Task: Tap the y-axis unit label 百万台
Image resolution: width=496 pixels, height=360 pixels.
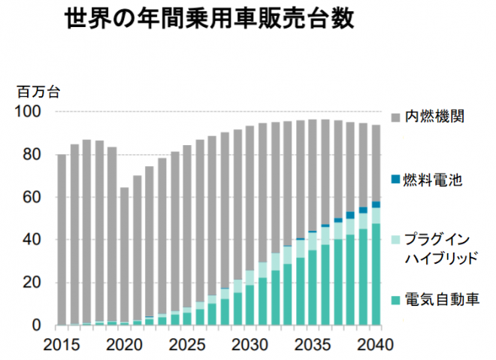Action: pyautogui.click(x=38, y=93)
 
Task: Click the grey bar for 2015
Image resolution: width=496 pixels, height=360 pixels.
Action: pyautogui.click(x=62, y=241)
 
